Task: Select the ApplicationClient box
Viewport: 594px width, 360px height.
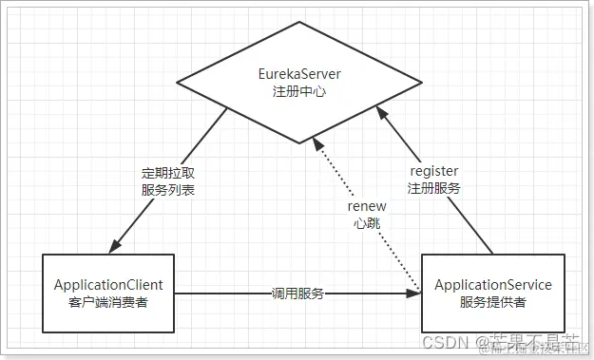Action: pos(107,293)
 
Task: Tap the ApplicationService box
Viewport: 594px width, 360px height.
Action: pos(492,293)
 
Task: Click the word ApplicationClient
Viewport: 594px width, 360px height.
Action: pos(107,284)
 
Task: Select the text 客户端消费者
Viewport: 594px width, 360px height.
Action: pos(107,302)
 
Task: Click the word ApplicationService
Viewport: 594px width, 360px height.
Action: pos(492,284)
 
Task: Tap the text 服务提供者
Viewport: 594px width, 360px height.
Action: pos(492,302)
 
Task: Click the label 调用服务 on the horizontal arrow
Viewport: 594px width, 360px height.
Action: pos(297,294)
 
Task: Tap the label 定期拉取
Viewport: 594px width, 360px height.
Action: pos(166,173)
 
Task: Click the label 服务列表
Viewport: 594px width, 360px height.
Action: pos(166,190)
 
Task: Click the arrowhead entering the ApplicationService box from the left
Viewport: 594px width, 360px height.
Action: pos(414,294)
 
